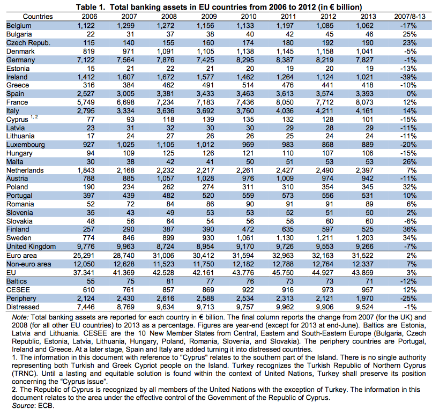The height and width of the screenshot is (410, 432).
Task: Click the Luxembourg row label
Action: point(26,145)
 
